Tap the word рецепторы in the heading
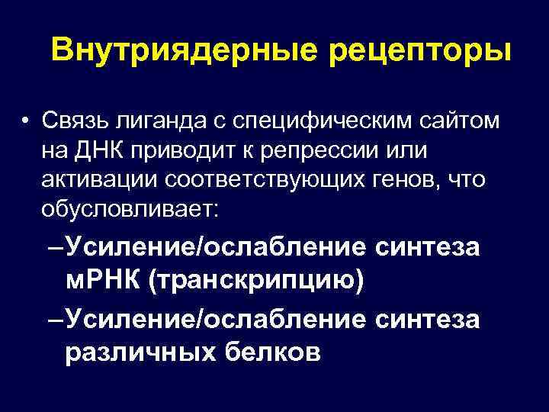pos(405,53)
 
